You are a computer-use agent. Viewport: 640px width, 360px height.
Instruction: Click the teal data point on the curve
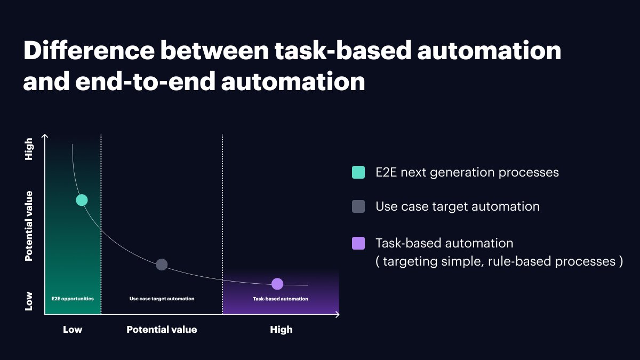click(x=82, y=200)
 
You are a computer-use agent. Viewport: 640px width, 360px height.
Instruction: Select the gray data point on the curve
click(x=162, y=265)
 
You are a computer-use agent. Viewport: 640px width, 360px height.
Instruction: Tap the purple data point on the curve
click(x=277, y=284)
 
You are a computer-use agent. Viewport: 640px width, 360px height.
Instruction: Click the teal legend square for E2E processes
click(x=358, y=172)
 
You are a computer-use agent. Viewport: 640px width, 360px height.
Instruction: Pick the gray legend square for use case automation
click(x=358, y=206)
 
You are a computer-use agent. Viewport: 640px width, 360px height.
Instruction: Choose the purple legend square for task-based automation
click(x=358, y=243)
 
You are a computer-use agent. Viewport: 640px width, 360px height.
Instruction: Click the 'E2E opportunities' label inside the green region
click(x=73, y=299)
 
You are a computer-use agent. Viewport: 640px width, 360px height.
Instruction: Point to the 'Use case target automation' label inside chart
click(x=162, y=299)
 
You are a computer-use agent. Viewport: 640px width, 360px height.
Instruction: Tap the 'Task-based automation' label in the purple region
click(x=280, y=299)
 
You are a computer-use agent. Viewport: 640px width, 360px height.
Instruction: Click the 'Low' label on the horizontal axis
click(x=73, y=330)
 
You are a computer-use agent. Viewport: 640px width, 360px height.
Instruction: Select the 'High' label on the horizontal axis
click(x=281, y=330)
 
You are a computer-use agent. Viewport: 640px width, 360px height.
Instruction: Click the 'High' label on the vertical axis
click(x=29, y=149)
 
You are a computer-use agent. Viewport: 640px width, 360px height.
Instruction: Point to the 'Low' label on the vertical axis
click(x=29, y=301)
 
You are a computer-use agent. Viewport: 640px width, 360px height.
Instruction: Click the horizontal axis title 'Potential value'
click(x=162, y=330)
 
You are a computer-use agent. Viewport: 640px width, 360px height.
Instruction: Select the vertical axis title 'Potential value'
click(x=29, y=226)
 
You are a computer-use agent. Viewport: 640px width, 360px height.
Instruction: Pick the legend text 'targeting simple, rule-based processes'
click(x=500, y=261)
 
